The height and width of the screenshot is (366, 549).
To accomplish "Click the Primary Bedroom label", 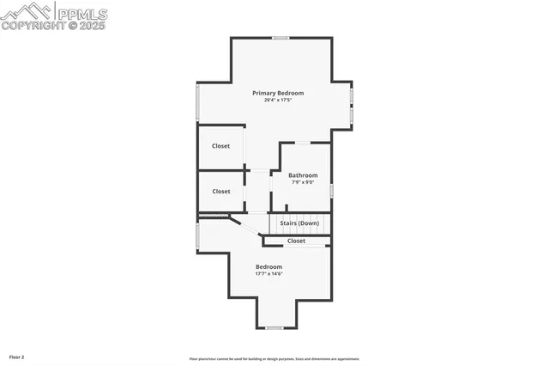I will click(x=277, y=93).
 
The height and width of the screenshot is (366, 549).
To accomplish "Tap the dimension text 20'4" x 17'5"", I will click(x=277, y=101).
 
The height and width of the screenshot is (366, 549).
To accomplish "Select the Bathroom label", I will click(x=303, y=175).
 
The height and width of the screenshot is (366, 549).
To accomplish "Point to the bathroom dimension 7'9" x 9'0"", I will click(x=303, y=182).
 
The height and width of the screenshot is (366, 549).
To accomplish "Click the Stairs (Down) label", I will click(x=299, y=223).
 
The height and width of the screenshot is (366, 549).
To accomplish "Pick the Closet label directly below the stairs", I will click(x=296, y=241).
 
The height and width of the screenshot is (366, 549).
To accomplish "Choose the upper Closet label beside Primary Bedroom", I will click(x=221, y=146).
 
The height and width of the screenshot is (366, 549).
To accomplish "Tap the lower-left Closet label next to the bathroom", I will click(x=221, y=192).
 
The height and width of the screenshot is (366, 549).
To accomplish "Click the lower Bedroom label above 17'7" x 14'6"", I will click(x=268, y=267).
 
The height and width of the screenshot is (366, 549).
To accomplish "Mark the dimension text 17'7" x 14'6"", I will click(x=268, y=274).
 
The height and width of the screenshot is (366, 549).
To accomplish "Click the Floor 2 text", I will click(x=17, y=357).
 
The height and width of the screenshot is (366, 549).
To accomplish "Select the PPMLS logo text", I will click(x=81, y=12).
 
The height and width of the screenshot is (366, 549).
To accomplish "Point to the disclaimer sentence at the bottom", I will click(x=274, y=359).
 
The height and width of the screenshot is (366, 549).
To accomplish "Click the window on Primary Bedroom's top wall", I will click(x=281, y=38).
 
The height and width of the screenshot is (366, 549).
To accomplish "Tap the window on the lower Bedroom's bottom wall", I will click(x=274, y=327).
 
